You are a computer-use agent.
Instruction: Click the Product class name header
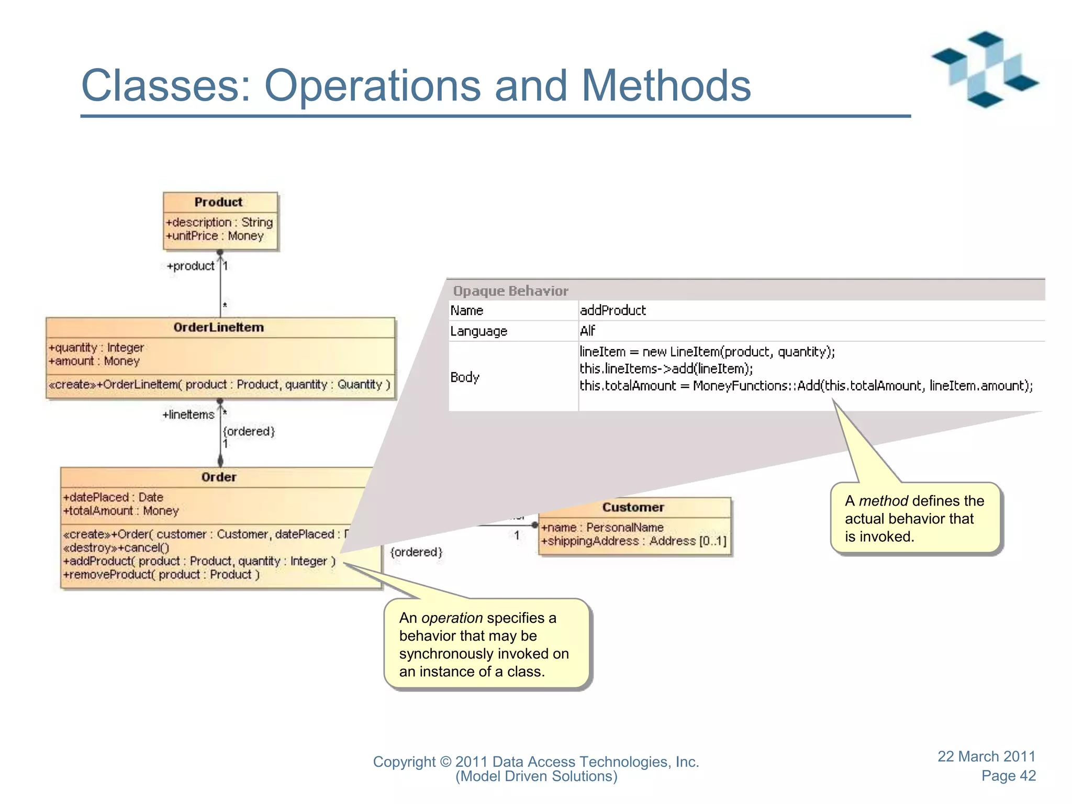(218, 202)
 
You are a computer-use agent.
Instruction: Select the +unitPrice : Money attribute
(215, 236)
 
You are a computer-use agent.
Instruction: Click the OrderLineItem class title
(218, 327)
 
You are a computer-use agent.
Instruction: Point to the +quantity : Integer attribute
(96, 348)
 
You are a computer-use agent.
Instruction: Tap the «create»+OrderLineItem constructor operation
(219, 385)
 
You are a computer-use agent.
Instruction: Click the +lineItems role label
(188, 415)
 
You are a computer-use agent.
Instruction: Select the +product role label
(191, 266)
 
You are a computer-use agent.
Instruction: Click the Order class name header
(218, 477)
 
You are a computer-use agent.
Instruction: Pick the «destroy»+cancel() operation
(116, 548)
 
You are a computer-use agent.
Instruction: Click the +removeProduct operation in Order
(161, 575)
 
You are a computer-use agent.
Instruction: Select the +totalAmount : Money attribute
(121, 511)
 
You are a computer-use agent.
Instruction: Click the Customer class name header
(633, 507)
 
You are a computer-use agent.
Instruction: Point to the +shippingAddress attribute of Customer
(634, 541)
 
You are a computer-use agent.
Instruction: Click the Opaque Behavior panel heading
(510, 291)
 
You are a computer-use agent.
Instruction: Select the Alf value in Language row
(587, 331)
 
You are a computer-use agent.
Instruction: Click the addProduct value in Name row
(612, 310)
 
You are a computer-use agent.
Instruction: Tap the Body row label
(465, 377)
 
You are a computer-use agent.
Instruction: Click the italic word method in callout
(883, 501)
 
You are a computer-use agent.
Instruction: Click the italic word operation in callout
(452, 618)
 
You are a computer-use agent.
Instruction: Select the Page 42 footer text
(1008, 776)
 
